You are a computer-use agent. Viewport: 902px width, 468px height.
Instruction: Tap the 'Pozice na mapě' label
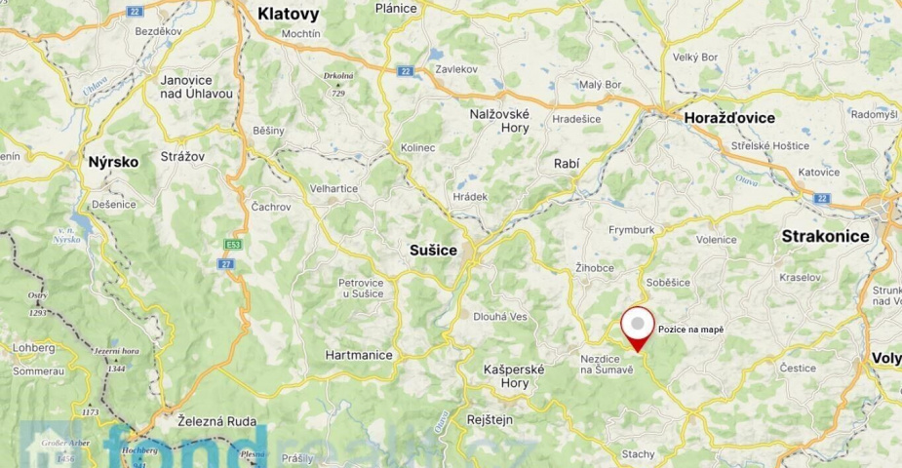point(691,331)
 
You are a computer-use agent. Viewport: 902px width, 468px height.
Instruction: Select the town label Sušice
point(432,251)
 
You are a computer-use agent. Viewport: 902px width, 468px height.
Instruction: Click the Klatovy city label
point(288,14)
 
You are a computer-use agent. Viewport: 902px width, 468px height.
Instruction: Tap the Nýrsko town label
point(113,162)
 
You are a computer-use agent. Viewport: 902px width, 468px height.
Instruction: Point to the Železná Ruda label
point(217,421)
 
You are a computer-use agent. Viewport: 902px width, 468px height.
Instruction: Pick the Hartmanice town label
point(359,355)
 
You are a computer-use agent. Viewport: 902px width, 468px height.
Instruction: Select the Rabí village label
point(566,164)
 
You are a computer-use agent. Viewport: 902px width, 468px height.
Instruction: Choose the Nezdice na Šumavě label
point(608,363)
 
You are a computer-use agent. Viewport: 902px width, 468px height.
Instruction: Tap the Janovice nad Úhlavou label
point(196,87)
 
